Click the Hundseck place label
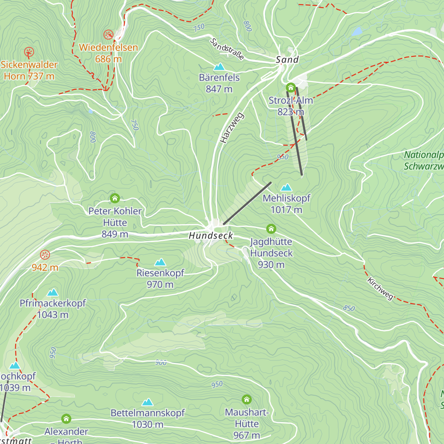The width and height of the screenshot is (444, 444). pyautogui.click(x=211, y=236)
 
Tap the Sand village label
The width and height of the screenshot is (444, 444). pyautogui.click(x=287, y=60)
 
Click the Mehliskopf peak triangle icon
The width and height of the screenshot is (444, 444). pyautogui.click(x=286, y=188)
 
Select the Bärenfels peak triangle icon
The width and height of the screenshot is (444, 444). pyautogui.click(x=219, y=67)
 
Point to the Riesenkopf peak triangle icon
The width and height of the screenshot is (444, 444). pyautogui.click(x=160, y=262)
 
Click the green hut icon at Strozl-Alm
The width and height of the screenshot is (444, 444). pyautogui.click(x=291, y=88)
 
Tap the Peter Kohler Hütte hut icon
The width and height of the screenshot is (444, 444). pyautogui.click(x=115, y=198)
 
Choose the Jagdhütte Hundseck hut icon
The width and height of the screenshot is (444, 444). pyautogui.click(x=271, y=229)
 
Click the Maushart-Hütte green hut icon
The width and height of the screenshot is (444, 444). pyautogui.click(x=247, y=400)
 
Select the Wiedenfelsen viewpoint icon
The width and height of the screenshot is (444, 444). pyautogui.click(x=108, y=35)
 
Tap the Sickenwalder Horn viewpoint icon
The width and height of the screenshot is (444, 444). pyautogui.click(x=29, y=52)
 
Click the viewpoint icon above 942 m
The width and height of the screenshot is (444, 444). pyautogui.click(x=45, y=255)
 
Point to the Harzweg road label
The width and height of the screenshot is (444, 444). pyautogui.click(x=232, y=128)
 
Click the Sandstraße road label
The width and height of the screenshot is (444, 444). pyautogui.click(x=227, y=49)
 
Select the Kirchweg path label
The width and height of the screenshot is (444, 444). pyautogui.click(x=380, y=289)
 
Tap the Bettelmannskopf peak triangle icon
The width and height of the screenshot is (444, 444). pyautogui.click(x=148, y=402)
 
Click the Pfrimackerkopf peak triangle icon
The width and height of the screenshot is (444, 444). pyautogui.click(x=53, y=293)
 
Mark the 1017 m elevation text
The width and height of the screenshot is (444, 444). pyautogui.click(x=286, y=210)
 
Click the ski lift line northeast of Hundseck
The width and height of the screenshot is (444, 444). pyautogui.click(x=247, y=203)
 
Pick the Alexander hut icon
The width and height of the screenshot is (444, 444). pyautogui.click(x=66, y=419)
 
